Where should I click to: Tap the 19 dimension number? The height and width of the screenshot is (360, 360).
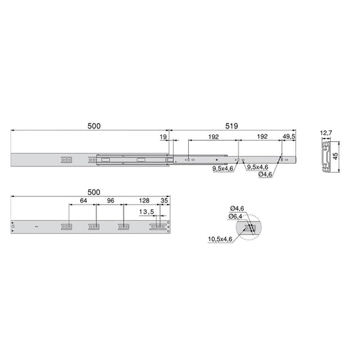point(162,137)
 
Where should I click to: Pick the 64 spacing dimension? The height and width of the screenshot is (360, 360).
point(82,201)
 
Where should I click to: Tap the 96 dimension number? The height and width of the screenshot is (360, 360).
point(109,201)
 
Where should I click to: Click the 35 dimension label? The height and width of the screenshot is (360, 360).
point(164,201)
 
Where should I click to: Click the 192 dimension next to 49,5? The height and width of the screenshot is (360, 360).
point(260,137)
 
